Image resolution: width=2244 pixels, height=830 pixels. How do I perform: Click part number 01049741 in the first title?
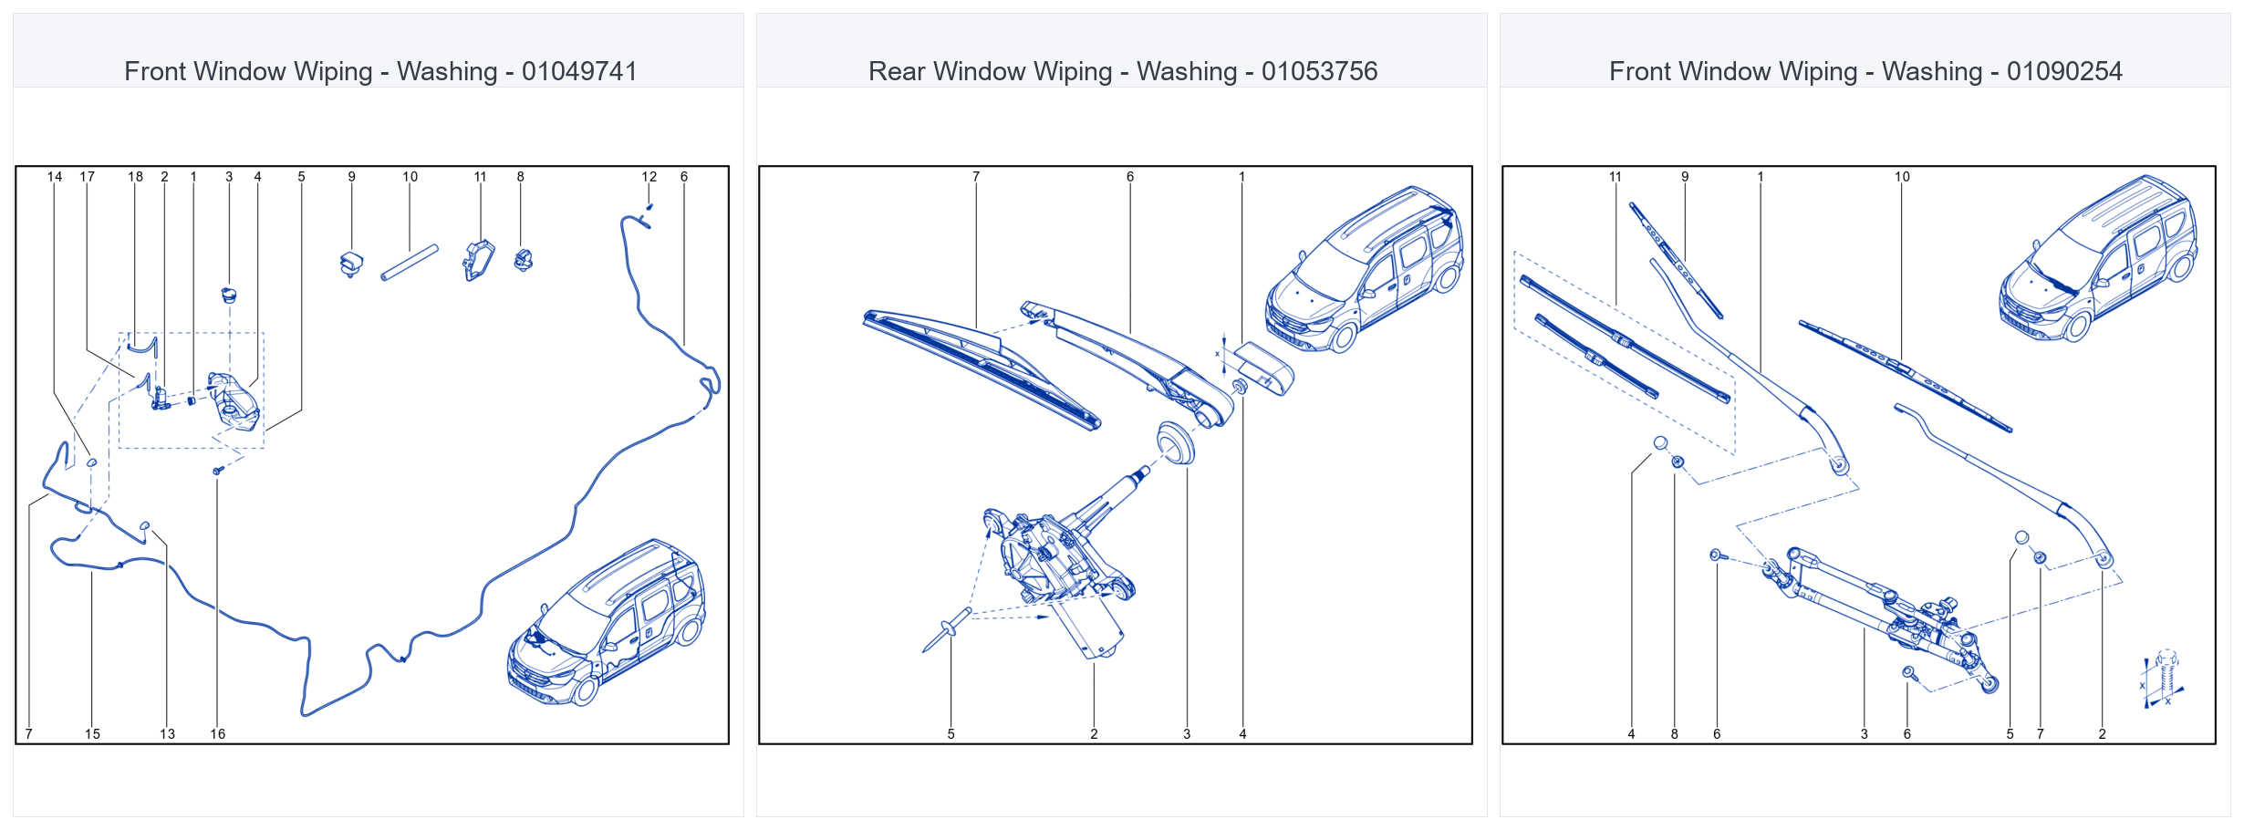(x=579, y=71)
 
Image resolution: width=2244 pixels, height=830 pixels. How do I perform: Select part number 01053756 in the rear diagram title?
(x=1319, y=71)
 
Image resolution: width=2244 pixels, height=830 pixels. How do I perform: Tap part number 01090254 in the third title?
(x=2064, y=71)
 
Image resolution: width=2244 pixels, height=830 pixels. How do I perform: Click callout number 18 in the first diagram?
(x=135, y=177)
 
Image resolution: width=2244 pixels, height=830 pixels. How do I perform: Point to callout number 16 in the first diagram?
(x=217, y=733)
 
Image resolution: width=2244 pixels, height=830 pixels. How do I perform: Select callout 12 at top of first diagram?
(x=649, y=177)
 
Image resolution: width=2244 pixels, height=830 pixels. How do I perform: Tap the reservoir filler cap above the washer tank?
(x=229, y=295)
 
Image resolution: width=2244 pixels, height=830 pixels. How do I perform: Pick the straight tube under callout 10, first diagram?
(x=410, y=263)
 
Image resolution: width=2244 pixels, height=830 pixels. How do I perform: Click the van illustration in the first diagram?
(x=606, y=622)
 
